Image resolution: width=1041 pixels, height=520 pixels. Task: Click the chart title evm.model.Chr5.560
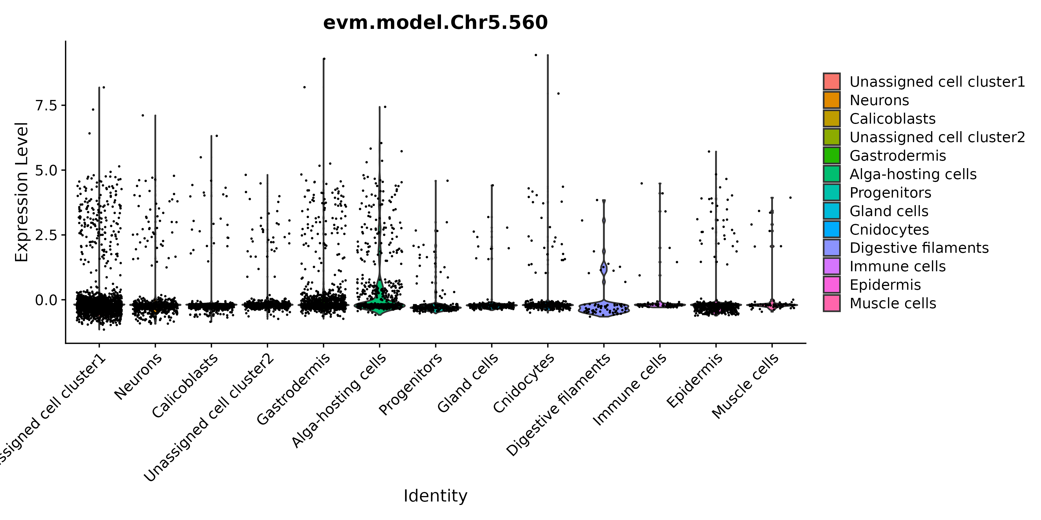point(435,23)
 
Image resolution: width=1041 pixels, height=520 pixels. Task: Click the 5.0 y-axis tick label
point(47,170)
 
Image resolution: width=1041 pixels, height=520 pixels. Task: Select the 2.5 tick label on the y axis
point(47,235)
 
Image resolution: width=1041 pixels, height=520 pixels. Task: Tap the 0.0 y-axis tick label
point(47,300)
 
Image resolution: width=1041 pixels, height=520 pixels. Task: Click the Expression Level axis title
point(21,192)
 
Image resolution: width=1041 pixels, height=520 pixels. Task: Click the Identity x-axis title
point(435,496)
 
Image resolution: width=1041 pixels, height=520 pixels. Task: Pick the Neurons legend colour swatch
point(832,100)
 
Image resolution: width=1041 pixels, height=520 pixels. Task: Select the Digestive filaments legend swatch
point(832,248)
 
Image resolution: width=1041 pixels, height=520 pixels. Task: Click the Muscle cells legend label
point(893,303)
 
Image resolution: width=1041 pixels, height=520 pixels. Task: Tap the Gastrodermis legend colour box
point(832,155)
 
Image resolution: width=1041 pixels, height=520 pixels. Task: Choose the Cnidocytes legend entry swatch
point(832,229)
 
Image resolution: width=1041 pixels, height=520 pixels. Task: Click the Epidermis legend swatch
point(832,285)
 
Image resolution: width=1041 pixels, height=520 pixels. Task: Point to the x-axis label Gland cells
point(468,383)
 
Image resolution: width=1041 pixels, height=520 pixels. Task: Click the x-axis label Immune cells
point(629,389)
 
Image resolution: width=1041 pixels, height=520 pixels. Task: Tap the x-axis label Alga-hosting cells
point(339,400)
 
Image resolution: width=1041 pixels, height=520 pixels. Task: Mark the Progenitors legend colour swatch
point(832,193)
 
